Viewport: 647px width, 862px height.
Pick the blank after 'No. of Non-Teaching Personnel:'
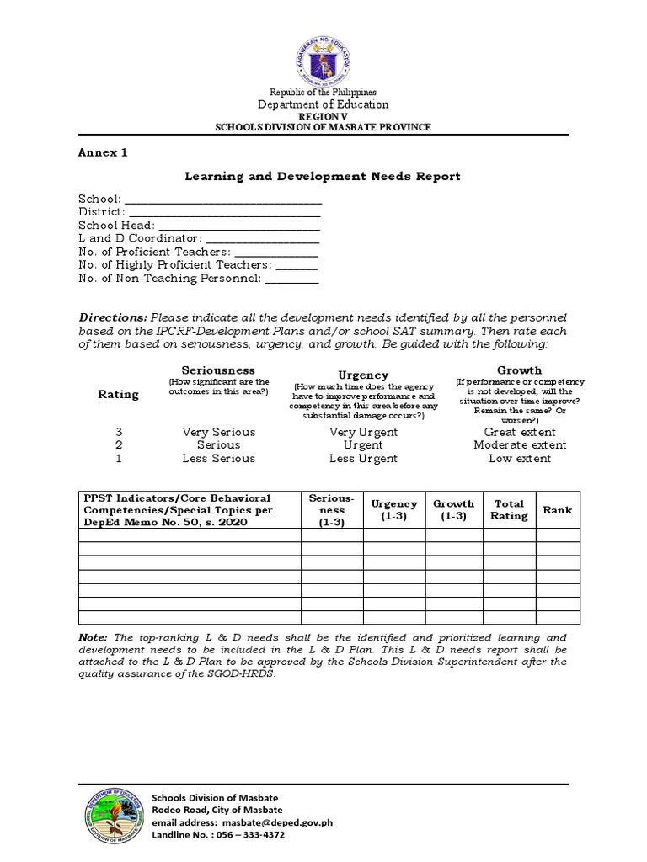[x=292, y=279]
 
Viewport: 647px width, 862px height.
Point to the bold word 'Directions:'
[x=113, y=317]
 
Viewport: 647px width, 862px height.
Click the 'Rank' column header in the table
[x=557, y=510]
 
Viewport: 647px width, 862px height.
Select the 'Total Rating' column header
[x=510, y=510]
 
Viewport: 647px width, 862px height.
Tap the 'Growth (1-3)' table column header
[x=454, y=510]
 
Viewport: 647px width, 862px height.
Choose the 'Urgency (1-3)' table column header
[x=394, y=510]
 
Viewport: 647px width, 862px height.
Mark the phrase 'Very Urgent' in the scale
[x=363, y=432]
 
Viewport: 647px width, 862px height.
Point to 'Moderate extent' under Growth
[x=520, y=445]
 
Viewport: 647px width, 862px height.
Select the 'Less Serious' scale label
[x=218, y=459]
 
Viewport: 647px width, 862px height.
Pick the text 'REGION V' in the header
[x=323, y=117]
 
